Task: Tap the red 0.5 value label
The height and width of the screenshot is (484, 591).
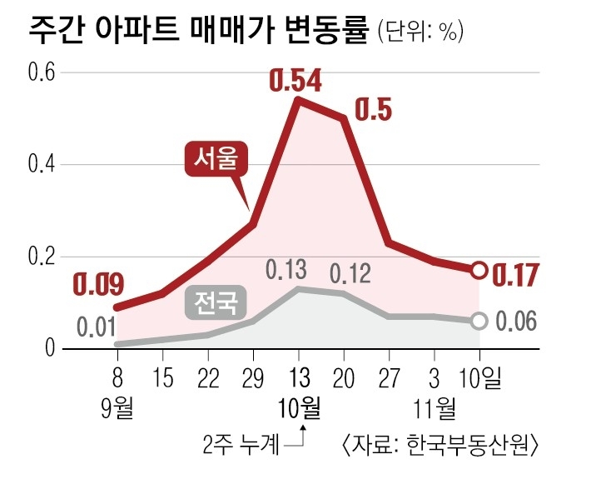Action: pyautogui.click(x=375, y=111)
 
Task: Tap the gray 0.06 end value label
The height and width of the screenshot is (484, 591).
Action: pyautogui.click(x=516, y=322)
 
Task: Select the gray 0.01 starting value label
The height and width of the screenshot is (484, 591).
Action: pyautogui.click(x=97, y=325)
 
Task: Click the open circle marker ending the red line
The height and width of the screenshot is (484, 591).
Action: pyautogui.click(x=479, y=271)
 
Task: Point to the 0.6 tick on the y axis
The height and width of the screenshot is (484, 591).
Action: pyautogui.click(x=42, y=72)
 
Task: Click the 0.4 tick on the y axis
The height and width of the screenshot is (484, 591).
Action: pyautogui.click(x=42, y=164)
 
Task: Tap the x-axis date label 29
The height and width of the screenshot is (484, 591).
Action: pyautogui.click(x=252, y=379)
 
